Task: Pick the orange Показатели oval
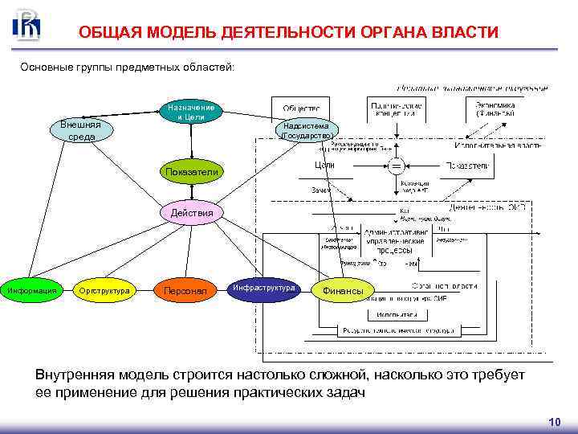[191, 171]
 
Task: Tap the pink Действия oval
[192, 213]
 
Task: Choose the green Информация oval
[31, 289]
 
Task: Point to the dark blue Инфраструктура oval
[264, 289]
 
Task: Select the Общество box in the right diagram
[301, 108]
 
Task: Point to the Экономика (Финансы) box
[495, 108]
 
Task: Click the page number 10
[553, 421]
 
